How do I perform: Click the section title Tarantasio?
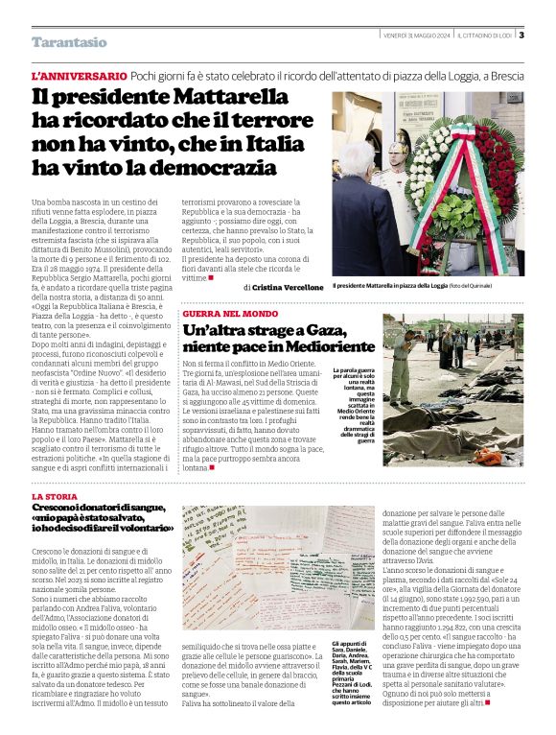(x=69, y=42)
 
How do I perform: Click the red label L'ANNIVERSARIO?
(x=79, y=75)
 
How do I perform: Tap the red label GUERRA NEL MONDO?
(x=230, y=314)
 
